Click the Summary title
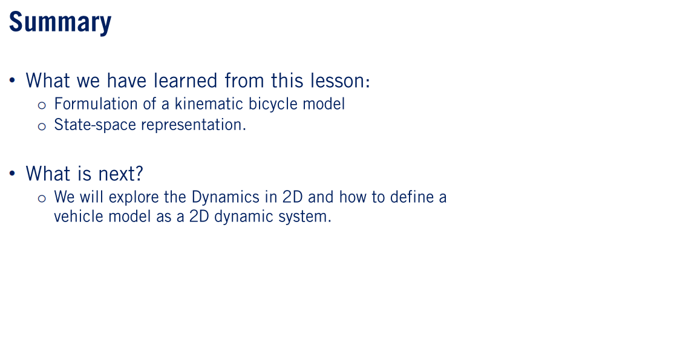[60, 22]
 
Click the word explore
[134, 197]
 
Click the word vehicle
[79, 217]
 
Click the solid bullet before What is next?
[12, 174]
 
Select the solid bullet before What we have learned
[12, 80]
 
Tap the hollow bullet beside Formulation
[42, 105]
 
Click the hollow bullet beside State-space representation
[42, 126]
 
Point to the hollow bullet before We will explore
[42, 198]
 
